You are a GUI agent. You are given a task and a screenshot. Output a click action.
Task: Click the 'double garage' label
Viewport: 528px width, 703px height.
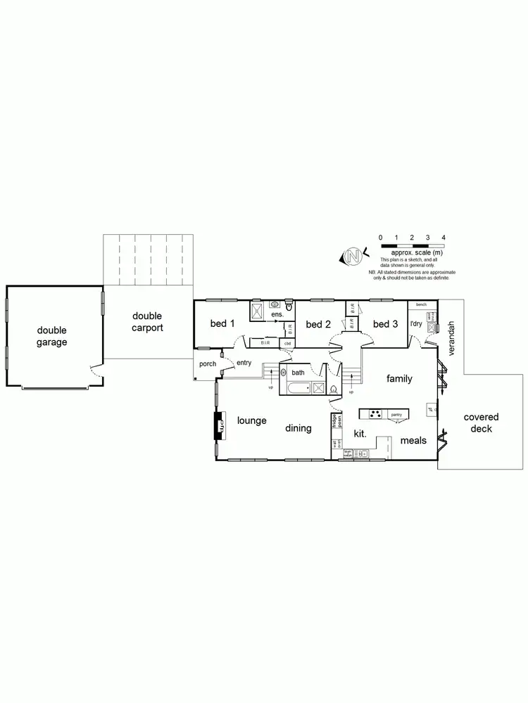[x=52, y=336]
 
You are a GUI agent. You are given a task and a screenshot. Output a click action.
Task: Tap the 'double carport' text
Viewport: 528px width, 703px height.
[x=148, y=322]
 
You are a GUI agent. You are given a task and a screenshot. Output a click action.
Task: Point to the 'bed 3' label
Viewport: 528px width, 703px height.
[x=385, y=323]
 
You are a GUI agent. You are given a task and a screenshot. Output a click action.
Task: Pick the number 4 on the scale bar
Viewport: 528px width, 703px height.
[x=443, y=238]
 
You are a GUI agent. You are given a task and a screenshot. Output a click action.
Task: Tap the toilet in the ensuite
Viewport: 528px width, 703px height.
[x=288, y=306]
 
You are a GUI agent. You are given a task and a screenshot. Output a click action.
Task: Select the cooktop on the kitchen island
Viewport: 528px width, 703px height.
[x=375, y=414]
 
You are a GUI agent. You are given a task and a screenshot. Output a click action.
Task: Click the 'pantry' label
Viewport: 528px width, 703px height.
[x=396, y=415]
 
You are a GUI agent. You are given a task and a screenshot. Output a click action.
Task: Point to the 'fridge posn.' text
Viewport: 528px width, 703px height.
[x=337, y=421]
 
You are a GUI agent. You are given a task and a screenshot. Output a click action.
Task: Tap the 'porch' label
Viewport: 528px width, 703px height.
[x=208, y=364]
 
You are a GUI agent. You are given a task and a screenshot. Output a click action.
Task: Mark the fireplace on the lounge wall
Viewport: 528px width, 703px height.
[x=219, y=424]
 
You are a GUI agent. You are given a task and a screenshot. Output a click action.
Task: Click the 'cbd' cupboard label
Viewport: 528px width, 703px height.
[x=287, y=343]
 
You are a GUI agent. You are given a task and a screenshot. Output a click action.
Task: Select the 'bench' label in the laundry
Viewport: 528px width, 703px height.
[x=421, y=304]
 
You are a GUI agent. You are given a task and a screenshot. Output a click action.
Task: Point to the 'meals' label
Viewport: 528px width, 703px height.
[x=413, y=441]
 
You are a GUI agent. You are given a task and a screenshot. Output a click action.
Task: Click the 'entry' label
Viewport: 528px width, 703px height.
[x=244, y=363]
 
